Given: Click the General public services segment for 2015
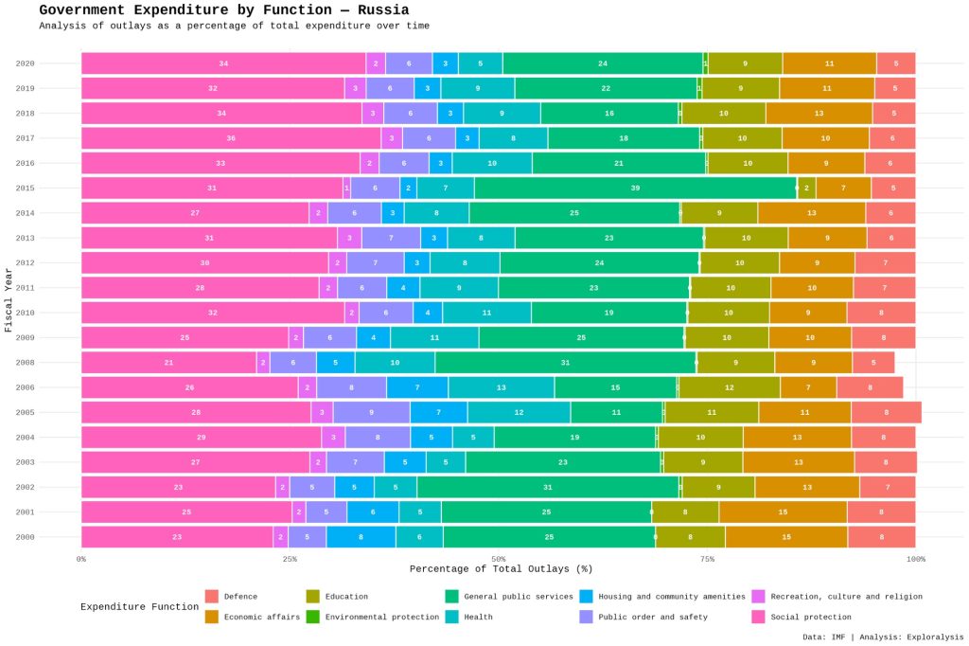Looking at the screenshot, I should coord(635,188).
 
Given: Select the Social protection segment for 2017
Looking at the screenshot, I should coord(231,138).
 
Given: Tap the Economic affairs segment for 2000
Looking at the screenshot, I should coord(786,537).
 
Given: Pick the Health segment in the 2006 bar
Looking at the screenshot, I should coord(502,387).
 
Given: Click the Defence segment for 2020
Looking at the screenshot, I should coord(896,63).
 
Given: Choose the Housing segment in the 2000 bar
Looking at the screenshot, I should coord(361,537).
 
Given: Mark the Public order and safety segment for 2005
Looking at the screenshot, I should coord(371,412).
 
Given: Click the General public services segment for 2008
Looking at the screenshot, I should coord(566,363).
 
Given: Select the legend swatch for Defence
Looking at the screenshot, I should coord(212,597).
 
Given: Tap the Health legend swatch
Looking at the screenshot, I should coord(452,617).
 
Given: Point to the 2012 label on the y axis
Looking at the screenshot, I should coord(25,262).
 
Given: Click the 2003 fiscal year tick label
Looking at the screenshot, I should coord(25,462).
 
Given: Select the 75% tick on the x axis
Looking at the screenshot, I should coord(708,559).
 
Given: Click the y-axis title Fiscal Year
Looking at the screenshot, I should coord(9,299).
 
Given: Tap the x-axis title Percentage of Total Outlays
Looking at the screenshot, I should coord(501,569).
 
